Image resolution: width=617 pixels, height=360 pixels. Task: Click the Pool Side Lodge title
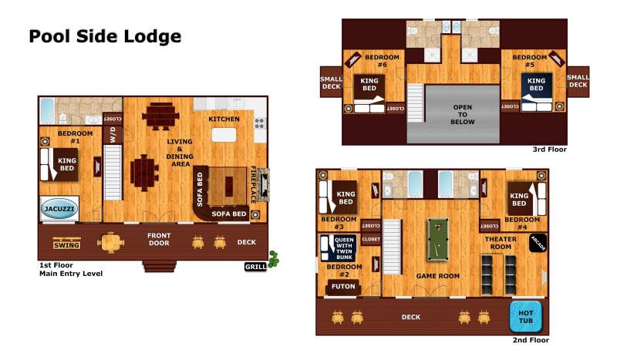click(105, 36)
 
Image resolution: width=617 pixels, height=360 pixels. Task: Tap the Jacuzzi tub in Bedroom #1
click(59, 209)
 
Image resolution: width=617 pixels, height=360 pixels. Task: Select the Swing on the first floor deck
click(67, 244)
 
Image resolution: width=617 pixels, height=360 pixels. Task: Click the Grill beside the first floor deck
click(255, 267)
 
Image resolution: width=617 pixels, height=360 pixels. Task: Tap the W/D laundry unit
click(112, 134)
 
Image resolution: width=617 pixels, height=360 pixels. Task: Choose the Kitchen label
click(224, 119)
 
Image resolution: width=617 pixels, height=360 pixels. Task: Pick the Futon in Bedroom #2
click(343, 287)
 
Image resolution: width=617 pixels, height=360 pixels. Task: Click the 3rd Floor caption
click(549, 150)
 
